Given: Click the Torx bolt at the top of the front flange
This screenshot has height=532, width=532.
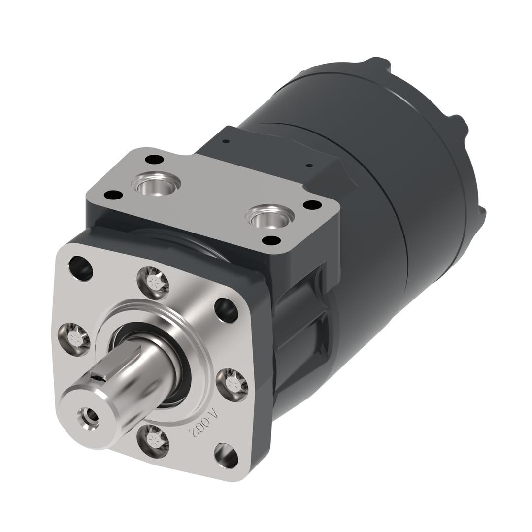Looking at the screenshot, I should click(x=153, y=283).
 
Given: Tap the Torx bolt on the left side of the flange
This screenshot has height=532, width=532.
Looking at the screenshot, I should click(x=74, y=338).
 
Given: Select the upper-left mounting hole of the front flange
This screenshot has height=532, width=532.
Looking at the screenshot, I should click(x=81, y=268).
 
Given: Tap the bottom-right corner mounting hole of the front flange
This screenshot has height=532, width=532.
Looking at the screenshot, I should click(x=226, y=456).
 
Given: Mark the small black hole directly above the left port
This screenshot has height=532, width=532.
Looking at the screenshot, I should click(x=155, y=159).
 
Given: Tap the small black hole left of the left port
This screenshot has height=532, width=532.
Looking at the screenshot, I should click(x=114, y=195).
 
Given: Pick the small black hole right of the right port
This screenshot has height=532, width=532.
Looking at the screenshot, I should click(x=312, y=205).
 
